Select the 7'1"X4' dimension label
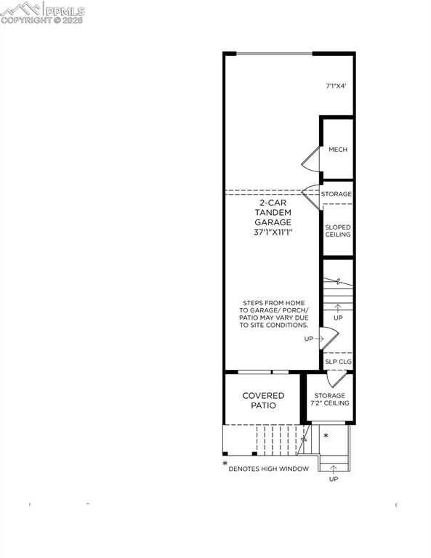coord(336,86)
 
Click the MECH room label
coord(338,150)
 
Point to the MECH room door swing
coord(311,155)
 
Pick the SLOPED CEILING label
coord(338,230)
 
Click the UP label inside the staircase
coord(338,318)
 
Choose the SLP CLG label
coord(338,361)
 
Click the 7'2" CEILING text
coord(330,403)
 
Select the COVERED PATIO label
coord(263,400)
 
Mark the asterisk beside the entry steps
coord(326,436)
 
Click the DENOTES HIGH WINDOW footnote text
coord(268,469)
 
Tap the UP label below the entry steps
coord(334,480)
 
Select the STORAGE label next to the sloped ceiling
coord(337,194)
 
